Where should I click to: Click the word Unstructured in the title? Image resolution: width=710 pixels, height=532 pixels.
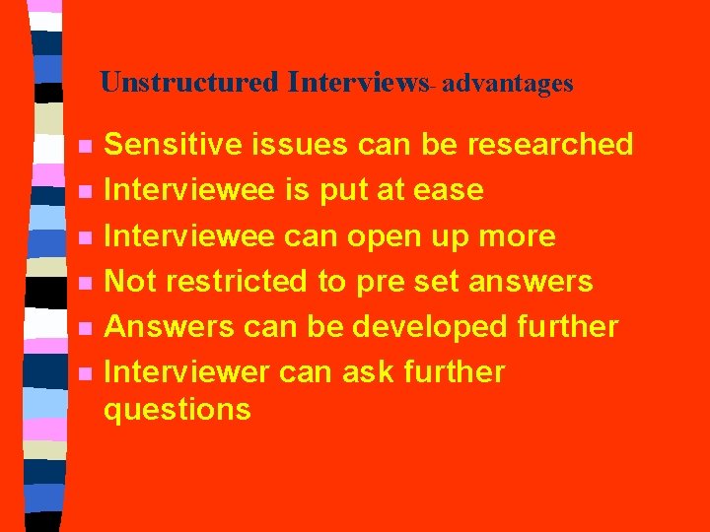click(189, 82)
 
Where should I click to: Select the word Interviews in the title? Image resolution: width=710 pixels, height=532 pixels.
click(356, 82)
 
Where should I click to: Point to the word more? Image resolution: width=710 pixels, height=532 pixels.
click(517, 237)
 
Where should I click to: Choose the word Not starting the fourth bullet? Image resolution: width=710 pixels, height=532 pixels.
click(130, 282)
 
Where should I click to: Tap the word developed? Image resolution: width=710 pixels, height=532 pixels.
click(432, 327)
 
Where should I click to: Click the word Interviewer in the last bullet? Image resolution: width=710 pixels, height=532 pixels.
click(186, 372)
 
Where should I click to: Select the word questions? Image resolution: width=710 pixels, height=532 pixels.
click(177, 411)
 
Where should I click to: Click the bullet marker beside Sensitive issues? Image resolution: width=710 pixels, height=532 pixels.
click(86, 146)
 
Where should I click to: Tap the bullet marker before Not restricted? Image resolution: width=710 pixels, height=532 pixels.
click(86, 283)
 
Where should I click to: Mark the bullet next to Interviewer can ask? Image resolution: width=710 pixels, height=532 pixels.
click(86, 373)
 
